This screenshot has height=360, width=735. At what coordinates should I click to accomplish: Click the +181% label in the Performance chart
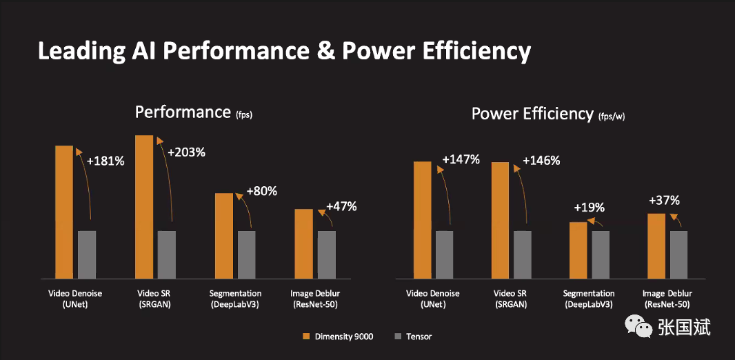tap(105, 161)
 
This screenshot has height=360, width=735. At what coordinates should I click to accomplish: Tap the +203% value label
tap(186, 152)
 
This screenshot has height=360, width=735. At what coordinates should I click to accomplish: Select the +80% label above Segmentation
tap(261, 191)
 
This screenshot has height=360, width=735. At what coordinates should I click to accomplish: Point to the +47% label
tap(341, 206)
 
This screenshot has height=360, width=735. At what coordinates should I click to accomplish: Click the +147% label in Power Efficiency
tap(461, 159)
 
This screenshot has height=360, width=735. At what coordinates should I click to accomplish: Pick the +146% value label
tap(541, 160)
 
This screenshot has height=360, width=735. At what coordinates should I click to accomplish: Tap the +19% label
tap(589, 207)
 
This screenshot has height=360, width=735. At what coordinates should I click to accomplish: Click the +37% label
tap(664, 201)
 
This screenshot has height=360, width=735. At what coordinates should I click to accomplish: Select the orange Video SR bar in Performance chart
tap(144, 206)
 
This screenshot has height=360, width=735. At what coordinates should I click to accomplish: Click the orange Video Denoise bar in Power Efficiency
tap(423, 219)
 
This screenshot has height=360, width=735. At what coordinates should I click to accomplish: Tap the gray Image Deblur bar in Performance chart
tap(327, 254)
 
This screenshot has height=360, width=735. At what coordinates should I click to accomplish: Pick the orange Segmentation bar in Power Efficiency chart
tap(578, 250)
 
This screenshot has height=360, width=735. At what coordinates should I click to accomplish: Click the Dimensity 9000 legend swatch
tap(307, 337)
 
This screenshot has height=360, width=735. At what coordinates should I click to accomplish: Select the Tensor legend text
tap(419, 337)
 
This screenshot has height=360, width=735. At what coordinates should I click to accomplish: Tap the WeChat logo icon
tap(638, 327)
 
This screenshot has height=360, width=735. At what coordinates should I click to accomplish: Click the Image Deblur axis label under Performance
tap(314, 299)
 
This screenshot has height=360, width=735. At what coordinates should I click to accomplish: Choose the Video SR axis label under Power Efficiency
tap(511, 299)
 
